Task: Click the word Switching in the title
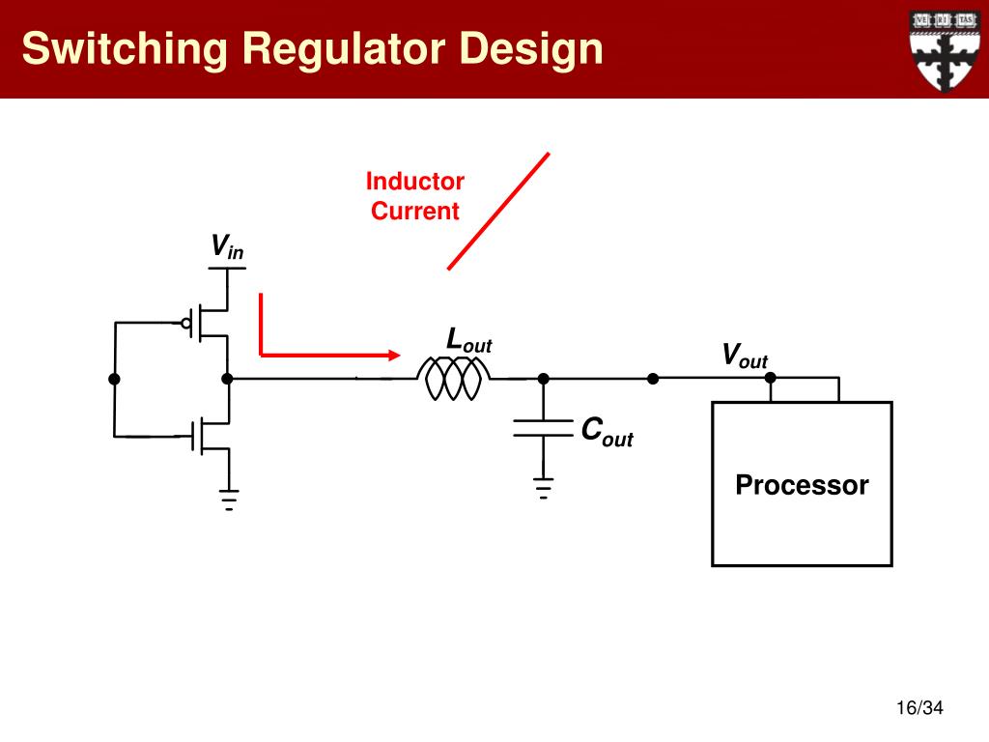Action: coord(125,49)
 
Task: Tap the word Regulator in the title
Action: coord(342,49)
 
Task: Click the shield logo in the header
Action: coord(944,50)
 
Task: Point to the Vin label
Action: coord(227,246)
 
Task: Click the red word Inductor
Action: coord(415,181)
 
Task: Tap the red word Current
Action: coord(415,211)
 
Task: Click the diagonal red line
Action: coord(498,212)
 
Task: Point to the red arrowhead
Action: coord(394,356)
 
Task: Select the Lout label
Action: coord(468,340)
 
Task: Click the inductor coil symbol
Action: coord(453,379)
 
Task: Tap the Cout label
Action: coord(607,431)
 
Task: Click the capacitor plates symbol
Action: coord(543,428)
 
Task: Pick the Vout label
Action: coord(745,356)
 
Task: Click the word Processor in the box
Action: coord(802,485)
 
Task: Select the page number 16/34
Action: coord(919,708)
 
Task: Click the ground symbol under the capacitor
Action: coord(543,488)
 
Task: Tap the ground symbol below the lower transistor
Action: coord(229,499)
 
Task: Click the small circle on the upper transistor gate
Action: coord(186,324)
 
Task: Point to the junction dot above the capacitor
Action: coord(543,379)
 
